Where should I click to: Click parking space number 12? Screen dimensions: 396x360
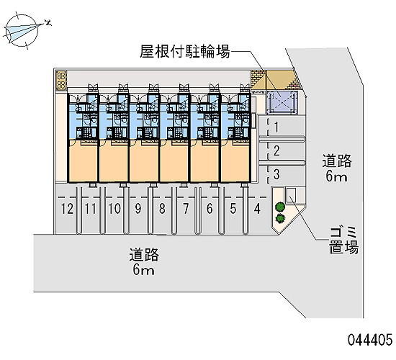(x=67, y=209)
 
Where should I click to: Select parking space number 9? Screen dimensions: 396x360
(x=138, y=209)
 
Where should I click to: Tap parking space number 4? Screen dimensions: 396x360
(x=257, y=209)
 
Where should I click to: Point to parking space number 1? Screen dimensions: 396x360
(x=276, y=127)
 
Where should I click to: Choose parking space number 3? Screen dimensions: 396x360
(x=276, y=174)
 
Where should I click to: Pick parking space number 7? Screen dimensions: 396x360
(x=186, y=209)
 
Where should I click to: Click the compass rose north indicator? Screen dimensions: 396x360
(x=22, y=31)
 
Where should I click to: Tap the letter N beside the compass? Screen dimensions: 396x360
(x=48, y=23)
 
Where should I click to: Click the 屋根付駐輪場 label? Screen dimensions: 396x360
(x=185, y=52)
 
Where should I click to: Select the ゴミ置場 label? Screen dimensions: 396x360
(x=343, y=240)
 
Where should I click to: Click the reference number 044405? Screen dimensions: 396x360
(x=370, y=340)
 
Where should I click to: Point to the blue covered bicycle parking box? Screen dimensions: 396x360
(x=282, y=103)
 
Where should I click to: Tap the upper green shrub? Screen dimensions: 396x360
(x=280, y=207)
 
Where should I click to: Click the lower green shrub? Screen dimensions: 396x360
(x=280, y=218)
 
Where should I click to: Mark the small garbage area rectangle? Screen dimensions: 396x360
(x=291, y=195)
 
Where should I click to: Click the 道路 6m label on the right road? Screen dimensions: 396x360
(x=337, y=168)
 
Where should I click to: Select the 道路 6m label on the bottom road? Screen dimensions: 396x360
(x=144, y=262)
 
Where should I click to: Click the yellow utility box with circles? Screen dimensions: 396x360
(x=61, y=81)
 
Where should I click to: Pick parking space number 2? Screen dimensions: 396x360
(x=276, y=150)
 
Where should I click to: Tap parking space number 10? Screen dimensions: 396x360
(x=114, y=209)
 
